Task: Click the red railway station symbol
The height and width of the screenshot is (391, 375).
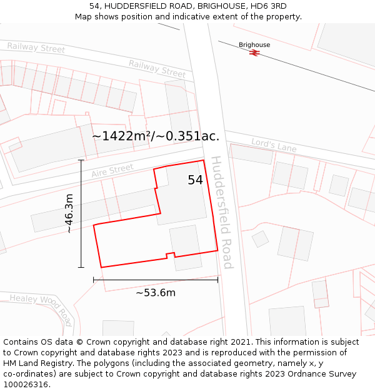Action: coord(254,53)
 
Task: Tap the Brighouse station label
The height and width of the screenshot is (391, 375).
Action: coord(254,45)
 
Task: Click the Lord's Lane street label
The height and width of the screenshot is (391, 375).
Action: coord(274,145)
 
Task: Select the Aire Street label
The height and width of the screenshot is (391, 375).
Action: coord(112,171)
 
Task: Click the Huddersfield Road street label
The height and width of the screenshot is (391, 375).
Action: coord(222,212)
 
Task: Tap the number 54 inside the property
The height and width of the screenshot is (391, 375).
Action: coord(195,180)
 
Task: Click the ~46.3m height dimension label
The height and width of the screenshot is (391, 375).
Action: coord(69,213)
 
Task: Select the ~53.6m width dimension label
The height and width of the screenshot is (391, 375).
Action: coord(156,293)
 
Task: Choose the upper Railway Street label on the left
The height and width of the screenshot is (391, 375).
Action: coord(36,48)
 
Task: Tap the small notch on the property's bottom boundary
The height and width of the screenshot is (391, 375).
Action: coord(169,255)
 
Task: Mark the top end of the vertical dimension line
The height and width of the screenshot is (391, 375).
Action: coord(81,160)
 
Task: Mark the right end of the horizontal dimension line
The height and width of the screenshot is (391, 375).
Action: coord(217,280)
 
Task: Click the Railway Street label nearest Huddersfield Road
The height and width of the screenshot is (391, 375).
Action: coord(157,68)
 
